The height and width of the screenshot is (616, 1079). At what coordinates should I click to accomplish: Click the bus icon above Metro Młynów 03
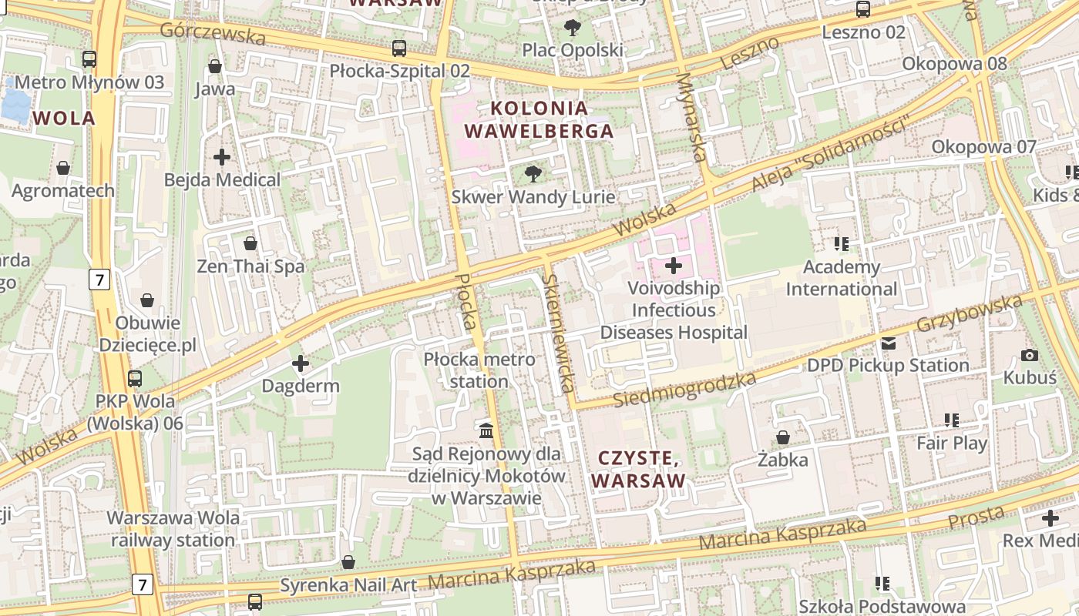[x=89, y=59]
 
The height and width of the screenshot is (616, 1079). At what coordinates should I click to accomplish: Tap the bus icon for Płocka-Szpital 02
[x=399, y=48]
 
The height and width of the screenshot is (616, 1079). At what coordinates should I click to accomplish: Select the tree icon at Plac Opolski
[x=573, y=28]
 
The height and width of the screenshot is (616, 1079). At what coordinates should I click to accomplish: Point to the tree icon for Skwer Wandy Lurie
[x=533, y=174]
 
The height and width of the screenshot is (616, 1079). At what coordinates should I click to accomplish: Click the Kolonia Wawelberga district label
[x=539, y=119]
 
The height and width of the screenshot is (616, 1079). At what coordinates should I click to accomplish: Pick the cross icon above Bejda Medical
[x=222, y=157]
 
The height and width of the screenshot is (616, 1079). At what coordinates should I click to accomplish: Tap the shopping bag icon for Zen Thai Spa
[x=250, y=244]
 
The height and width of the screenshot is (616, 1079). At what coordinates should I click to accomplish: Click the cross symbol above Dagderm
[x=301, y=363]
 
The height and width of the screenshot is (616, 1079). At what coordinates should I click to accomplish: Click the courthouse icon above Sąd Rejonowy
[x=486, y=430]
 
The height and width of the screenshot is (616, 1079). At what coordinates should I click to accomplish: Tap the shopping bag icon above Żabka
[x=783, y=437]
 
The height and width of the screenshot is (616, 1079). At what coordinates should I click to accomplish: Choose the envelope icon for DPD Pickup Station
[x=889, y=343]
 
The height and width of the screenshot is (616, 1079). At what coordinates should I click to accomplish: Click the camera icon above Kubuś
[x=1029, y=355]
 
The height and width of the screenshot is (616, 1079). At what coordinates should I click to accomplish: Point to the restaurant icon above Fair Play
[x=952, y=420]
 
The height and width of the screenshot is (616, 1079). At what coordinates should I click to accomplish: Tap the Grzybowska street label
[x=969, y=313]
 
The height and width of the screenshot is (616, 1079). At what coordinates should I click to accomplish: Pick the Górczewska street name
[x=213, y=33]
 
